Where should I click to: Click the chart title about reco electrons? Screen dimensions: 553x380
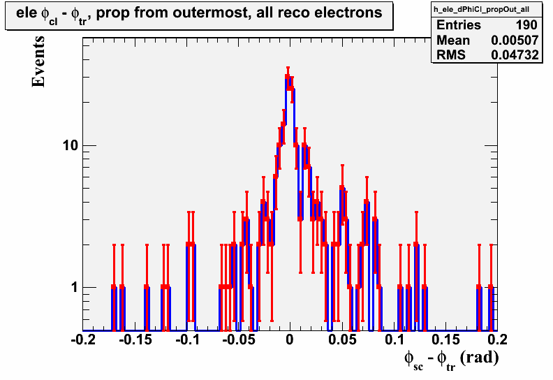[x=199, y=15]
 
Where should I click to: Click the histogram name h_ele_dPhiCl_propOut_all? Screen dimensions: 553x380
[x=481, y=9]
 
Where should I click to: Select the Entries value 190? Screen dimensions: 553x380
[x=526, y=25]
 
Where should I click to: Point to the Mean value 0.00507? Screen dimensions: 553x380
[x=515, y=41]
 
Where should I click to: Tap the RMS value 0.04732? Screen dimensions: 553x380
[x=515, y=55]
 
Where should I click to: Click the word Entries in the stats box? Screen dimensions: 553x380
[x=459, y=25]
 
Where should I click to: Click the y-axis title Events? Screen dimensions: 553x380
[x=38, y=61]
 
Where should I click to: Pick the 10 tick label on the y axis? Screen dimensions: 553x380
[x=71, y=145]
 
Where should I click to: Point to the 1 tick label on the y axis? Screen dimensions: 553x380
[x=74, y=287]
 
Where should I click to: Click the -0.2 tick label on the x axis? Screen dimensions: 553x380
[x=83, y=339]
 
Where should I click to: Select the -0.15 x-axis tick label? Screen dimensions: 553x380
[x=135, y=339]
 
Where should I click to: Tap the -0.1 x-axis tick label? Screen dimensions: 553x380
[x=187, y=339]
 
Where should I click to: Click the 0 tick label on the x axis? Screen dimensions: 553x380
[x=290, y=339]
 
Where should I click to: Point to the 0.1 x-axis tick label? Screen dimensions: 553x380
[x=395, y=339]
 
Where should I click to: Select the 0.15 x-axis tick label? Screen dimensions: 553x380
[x=445, y=339]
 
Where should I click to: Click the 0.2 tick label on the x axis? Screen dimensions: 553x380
[x=498, y=339]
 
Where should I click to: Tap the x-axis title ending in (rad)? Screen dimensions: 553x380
[x=452, y=360]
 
